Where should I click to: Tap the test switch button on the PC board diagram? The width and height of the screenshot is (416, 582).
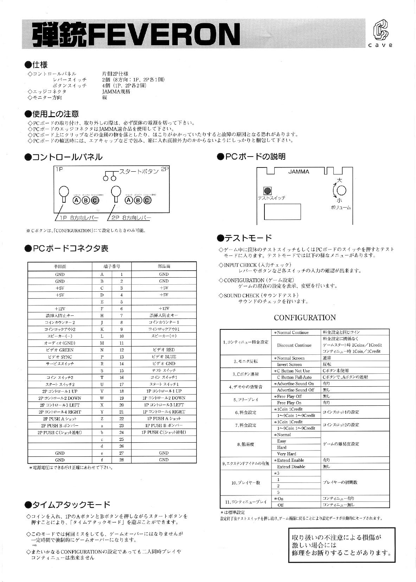pos(268,191)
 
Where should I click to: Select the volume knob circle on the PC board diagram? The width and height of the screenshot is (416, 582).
pos(341,190)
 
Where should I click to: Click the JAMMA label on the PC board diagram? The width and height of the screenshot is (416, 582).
pos(299,172)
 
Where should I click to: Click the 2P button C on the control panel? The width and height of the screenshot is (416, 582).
pos(147,200)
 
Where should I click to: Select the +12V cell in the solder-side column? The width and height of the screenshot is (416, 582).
pos(60,309)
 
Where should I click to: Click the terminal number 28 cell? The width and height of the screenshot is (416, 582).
pos(121,460)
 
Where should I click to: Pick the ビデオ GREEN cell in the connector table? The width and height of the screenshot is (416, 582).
pos(60,350)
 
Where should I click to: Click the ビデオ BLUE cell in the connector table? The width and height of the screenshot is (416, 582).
pos(164,357)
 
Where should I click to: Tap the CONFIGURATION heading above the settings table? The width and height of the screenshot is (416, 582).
pos(305,318)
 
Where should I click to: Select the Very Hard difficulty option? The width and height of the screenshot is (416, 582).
pos(287,454)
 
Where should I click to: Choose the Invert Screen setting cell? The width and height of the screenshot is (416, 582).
pos(289,365)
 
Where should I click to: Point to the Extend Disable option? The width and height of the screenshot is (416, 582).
pos(291,467)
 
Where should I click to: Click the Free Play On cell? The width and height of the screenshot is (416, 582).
pos(289,403)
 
